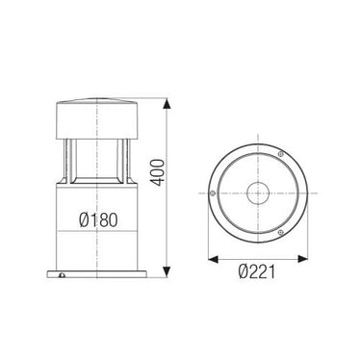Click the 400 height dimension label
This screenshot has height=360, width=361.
click(158, 172)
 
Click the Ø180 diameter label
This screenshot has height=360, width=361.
click(98, 219)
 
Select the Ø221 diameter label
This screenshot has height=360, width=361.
click(257, 272)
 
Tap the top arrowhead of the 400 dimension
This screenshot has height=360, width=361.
click(167, 105)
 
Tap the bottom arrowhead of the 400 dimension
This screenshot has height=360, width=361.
click(167, 271)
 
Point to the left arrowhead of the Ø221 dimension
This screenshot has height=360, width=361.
click(214, 259)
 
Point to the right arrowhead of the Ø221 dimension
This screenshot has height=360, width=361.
click(302, 259)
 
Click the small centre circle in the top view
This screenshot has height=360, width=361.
click(258, 193)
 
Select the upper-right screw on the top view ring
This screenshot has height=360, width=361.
click(281, 154)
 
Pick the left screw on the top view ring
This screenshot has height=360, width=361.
click(212, 193)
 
